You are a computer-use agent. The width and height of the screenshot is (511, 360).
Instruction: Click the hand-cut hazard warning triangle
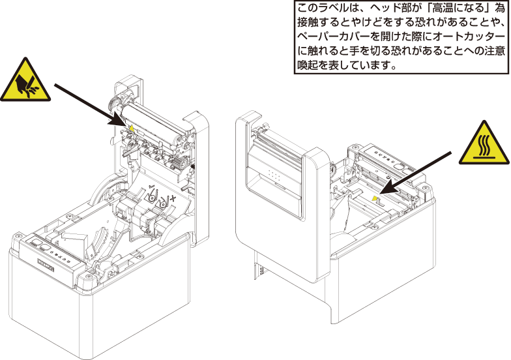click(25, 81)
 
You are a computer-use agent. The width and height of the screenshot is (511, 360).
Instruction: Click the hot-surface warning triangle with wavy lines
click(484, 143)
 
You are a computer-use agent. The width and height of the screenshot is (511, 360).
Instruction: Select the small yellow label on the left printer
click(132, 128)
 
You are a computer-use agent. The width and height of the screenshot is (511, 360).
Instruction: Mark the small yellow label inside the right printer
click(375, 198)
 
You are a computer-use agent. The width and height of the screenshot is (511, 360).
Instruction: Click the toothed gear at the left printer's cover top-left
click(112, 104)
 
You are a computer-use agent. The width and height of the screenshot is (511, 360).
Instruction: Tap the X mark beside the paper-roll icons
click(173, 198)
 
